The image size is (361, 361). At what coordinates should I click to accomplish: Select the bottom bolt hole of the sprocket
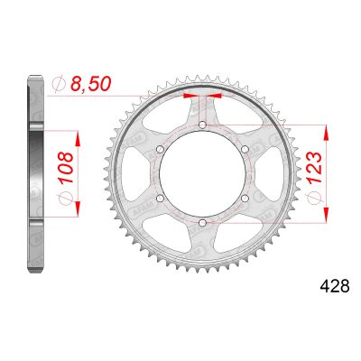pos(202,222)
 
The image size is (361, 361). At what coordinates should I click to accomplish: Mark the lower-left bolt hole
pos(161,198)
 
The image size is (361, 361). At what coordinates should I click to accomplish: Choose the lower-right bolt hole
pos(244,198)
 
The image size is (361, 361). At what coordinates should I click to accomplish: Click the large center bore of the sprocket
pos(202,173)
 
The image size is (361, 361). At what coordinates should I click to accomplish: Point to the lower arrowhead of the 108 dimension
pos(80,209)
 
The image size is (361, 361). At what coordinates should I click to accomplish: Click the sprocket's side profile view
pos(34,173)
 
